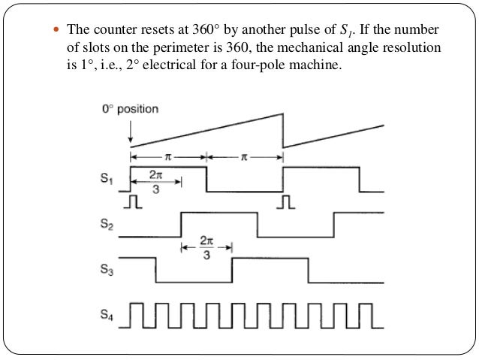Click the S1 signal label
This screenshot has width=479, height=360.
(x=108, y=180)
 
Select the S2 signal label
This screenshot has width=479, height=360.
(x=108, y=225)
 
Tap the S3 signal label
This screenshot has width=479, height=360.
(x=108, y=270)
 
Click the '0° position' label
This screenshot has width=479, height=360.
(x=131, y=109)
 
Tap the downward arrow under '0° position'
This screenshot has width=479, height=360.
(x=131, y=134)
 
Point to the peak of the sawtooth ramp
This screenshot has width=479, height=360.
(x=282, y=113)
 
